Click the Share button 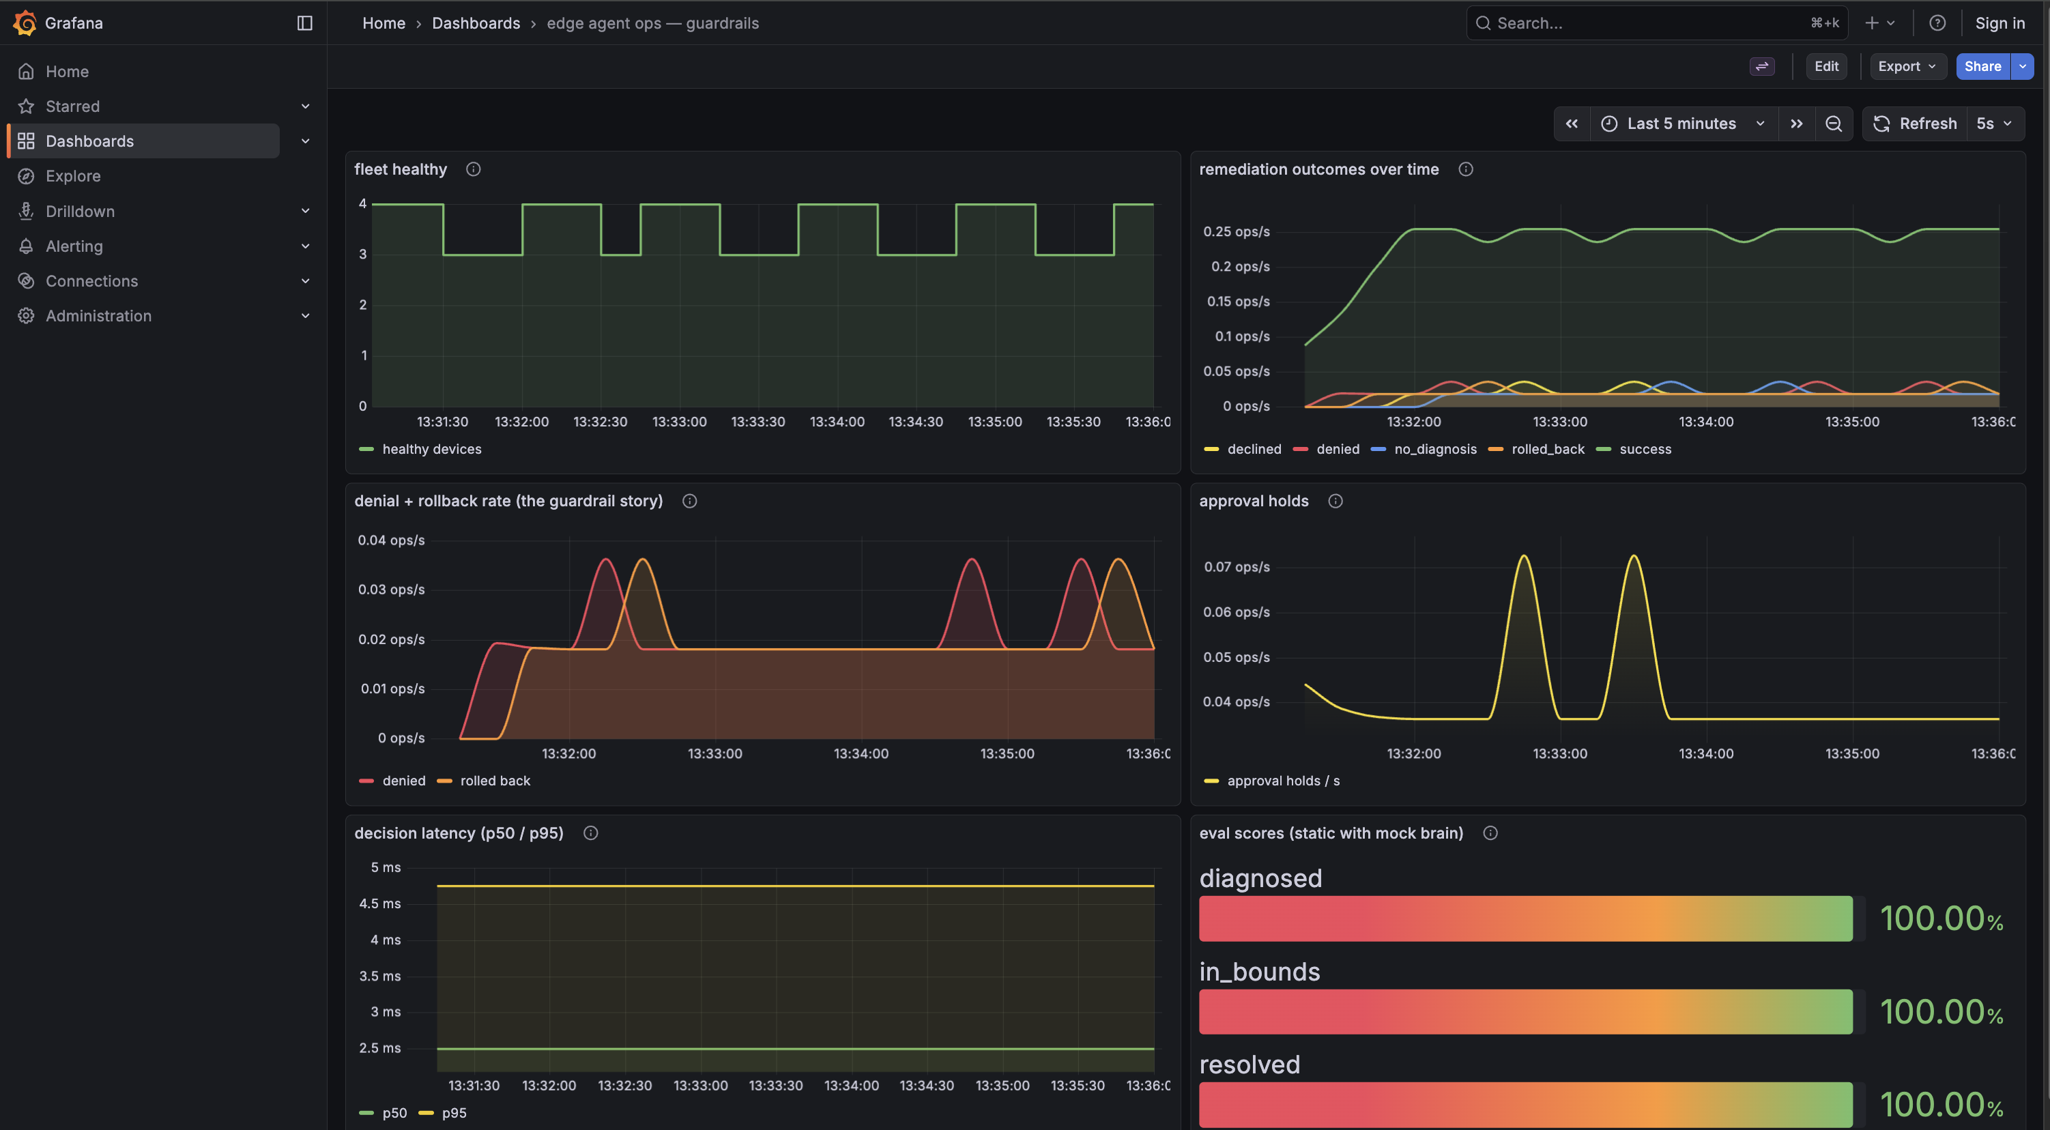point(1982,66)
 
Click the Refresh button point(1916,124)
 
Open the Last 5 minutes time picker point(1683,124)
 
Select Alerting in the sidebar point(74,246)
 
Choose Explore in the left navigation point(73,176)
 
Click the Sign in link point(2000,23)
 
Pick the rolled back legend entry point(485,781)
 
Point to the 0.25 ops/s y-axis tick point(1236,231)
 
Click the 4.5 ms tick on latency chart point(379,903)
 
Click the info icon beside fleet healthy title point(474,169)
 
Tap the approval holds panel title point(1254,501)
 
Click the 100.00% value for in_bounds point(1941,1011)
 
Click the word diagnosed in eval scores point(1260,878)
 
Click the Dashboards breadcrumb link point(476,23)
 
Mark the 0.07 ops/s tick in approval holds point(1237,566)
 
